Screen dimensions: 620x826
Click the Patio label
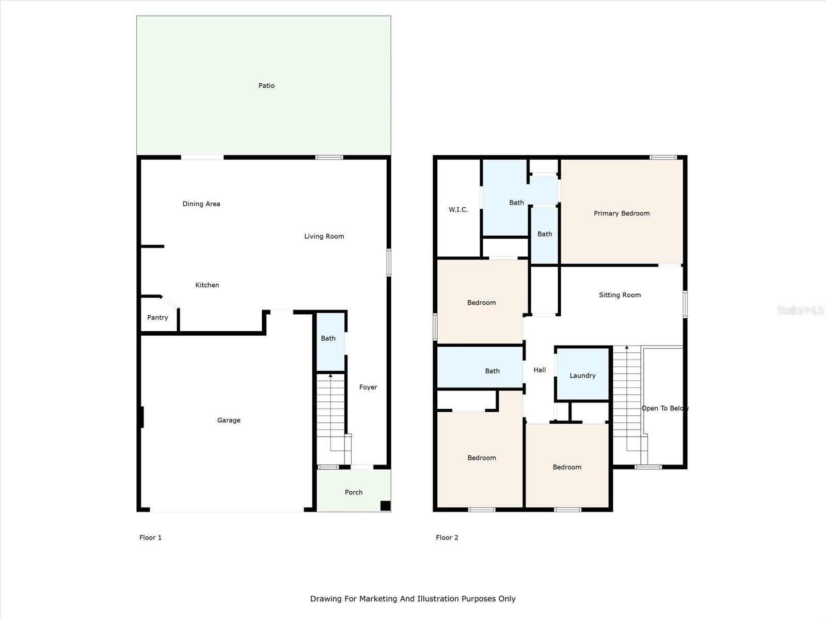266,86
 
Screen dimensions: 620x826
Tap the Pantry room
157,318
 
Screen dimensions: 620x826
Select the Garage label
229,421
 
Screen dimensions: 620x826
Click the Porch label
354,492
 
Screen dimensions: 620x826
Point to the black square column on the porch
385,506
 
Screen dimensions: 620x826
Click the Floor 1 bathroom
329,339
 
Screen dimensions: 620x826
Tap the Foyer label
368,387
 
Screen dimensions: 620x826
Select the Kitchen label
207,285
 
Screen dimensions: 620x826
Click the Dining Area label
201,204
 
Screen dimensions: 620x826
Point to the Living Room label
324,237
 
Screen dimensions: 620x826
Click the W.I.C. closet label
458,210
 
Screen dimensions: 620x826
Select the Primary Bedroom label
622,213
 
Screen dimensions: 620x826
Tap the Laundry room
582,376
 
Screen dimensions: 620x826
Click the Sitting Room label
619,295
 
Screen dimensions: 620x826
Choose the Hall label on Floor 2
539,370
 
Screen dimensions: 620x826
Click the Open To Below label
665,408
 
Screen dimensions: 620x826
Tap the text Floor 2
447,538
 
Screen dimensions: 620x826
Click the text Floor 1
150,538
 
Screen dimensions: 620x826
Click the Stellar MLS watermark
800,310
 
